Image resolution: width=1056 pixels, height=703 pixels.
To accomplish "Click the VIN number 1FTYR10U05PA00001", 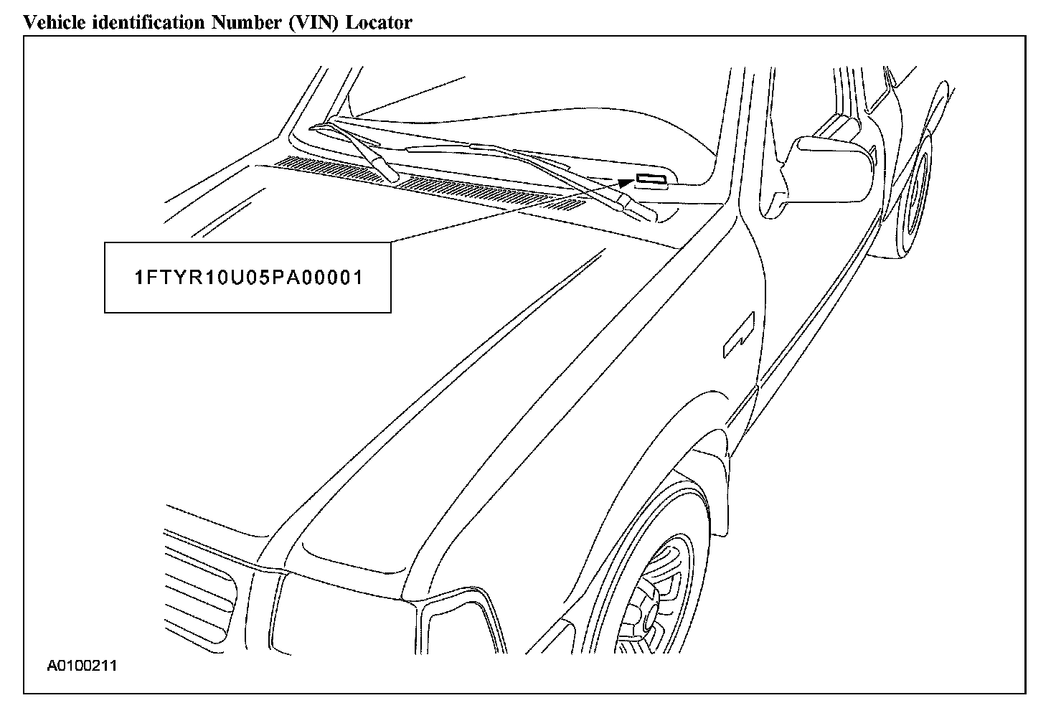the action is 248,278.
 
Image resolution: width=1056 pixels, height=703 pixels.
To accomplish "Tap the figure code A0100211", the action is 82,666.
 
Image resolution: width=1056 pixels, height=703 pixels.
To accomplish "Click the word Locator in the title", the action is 379,22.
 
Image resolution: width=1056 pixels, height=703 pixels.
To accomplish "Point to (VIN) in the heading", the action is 316,22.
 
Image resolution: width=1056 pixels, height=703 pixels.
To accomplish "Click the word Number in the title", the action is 244,22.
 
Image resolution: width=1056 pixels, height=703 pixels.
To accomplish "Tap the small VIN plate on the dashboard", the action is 651,179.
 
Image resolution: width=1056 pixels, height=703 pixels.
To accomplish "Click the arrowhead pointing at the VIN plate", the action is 622,186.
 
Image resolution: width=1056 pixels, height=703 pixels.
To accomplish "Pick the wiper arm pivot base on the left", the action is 388,172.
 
